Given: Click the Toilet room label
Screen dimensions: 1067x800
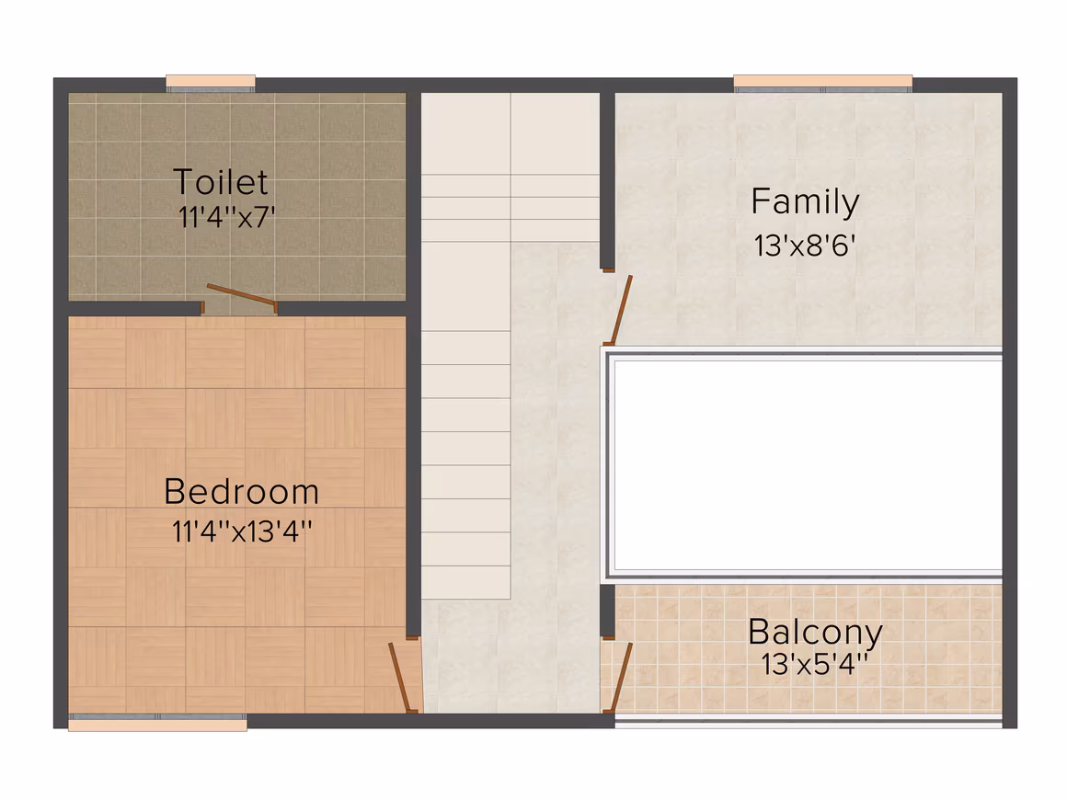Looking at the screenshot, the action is (x=221, y=182).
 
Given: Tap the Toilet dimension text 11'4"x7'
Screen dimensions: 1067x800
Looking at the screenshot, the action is (x=226, y=218).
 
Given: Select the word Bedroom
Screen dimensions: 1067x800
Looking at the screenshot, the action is (x=242, y=492).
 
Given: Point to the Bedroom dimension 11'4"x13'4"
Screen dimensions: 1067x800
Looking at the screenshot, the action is (x=242, y=531).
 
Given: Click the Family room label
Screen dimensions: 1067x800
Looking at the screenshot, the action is (x=805, y=202).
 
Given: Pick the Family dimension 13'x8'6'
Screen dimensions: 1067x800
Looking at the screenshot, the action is (x=804, y=246).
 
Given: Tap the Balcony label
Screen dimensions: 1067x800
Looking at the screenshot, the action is (x=815, y=633).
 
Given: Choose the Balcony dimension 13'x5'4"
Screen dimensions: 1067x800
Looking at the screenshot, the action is (x=814, y=664).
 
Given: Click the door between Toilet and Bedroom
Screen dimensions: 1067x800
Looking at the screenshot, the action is (x=242, y=296).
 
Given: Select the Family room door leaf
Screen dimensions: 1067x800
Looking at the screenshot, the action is (x=621, y=310).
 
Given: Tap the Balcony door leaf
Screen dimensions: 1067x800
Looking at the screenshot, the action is (x=621, y=678).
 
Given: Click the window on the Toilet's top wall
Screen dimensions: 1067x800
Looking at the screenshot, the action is (x=211, y=83).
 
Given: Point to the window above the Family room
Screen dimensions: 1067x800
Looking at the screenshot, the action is (x=822, y=83).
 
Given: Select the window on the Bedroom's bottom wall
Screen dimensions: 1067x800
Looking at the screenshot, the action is (x=157, y=723).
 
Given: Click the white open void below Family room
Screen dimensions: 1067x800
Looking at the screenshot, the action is (x=808, y=465).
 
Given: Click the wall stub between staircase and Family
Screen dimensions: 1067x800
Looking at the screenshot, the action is (x=607, y=180).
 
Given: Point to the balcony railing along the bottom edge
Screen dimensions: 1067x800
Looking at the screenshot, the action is (x=809, y=721).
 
